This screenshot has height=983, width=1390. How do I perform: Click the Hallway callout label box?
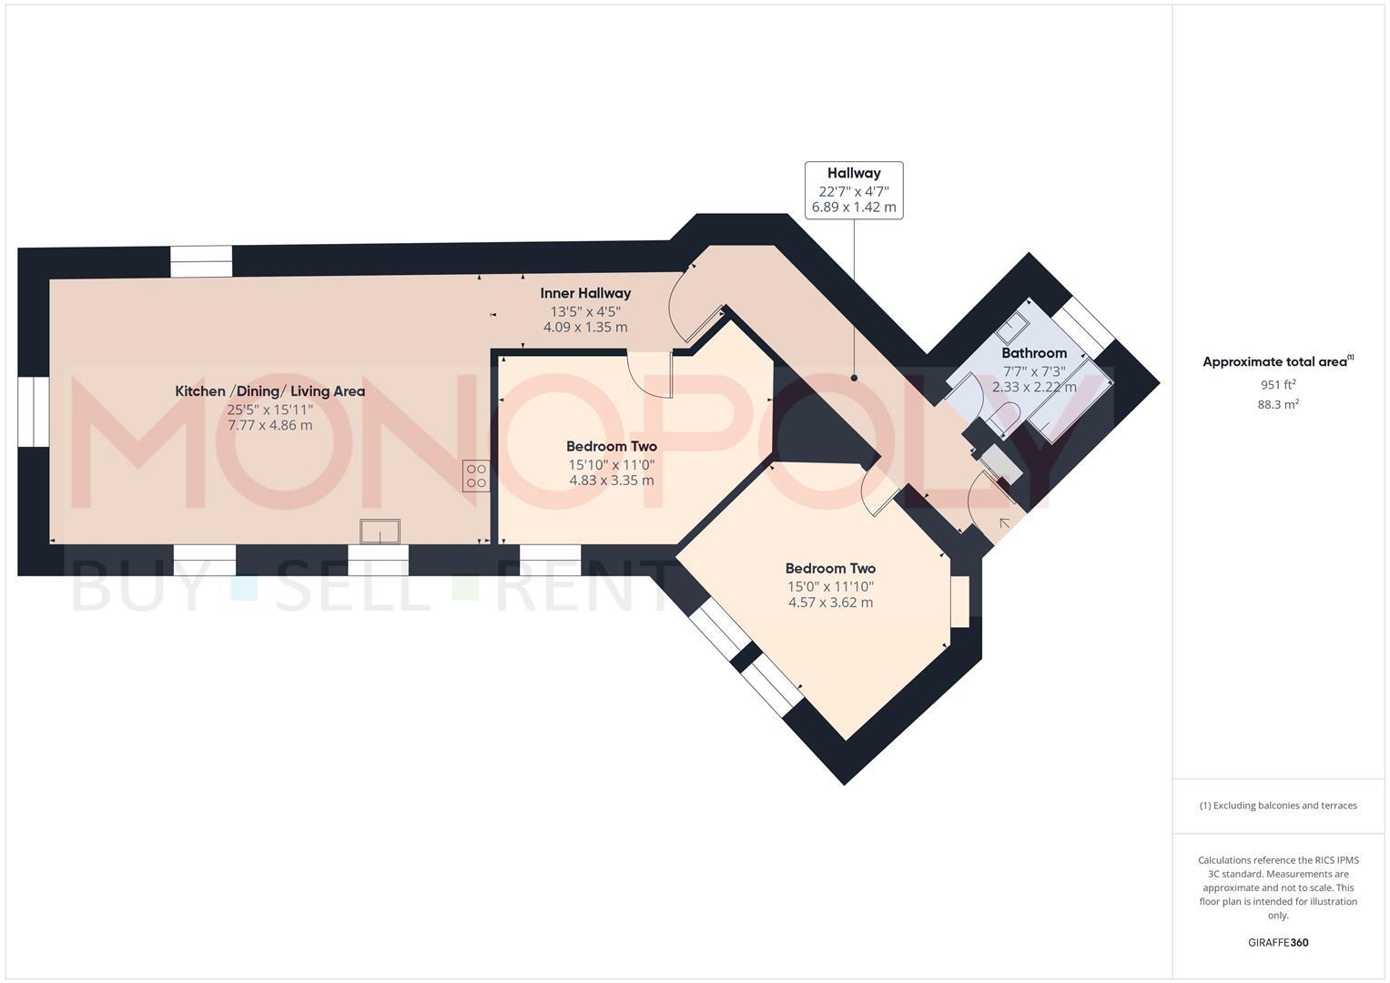pos(853,190)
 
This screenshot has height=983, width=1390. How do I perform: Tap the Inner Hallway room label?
pos(585,293)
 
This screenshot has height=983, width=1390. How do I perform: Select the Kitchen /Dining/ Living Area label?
pos(269,391)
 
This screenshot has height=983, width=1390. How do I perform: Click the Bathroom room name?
pos(1033,353)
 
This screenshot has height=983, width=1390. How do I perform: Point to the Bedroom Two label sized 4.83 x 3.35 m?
pos(611,447)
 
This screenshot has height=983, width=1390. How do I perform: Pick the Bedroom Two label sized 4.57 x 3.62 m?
pos(830,569)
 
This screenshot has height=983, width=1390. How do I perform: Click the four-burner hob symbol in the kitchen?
pos(475,476)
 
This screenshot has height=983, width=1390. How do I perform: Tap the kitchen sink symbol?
pos(380,532)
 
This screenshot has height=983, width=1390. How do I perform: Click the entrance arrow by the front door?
pos(1004,523)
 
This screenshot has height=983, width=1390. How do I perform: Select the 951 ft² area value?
pos(1277,385)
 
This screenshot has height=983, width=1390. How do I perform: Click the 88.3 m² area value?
pos(1277,405)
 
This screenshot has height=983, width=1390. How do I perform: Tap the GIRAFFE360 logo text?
pos(1277,943)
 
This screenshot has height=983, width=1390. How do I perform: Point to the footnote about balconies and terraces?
pos(1277,806)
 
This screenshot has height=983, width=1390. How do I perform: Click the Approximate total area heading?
pos(1277,362)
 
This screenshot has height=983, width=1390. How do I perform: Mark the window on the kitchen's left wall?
pos(34,412)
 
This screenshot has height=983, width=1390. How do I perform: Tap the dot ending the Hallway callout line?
pos(854,378)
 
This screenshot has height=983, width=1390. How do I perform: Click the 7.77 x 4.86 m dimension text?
pos(269,425)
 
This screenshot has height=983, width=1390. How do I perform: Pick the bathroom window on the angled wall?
pos(1082,325)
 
